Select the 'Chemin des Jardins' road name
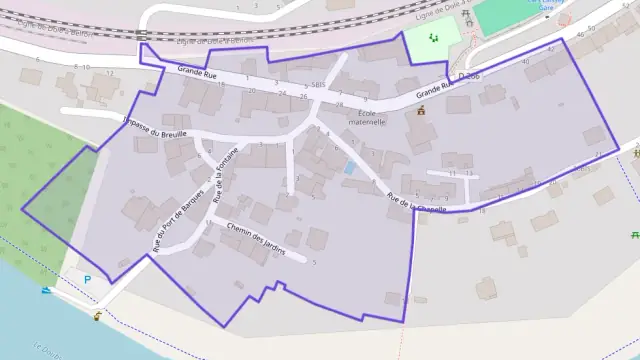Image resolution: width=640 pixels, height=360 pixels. point(256,239)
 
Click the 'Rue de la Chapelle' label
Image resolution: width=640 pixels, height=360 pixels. point(416,195)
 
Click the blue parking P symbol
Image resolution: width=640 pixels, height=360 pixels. point(87,279)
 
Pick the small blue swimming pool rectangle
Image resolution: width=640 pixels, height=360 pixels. point(349,168)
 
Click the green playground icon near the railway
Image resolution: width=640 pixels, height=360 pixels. point(433,37)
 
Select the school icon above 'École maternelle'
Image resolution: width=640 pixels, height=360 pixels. point(421,111)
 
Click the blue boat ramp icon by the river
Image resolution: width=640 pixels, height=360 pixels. point(47,291)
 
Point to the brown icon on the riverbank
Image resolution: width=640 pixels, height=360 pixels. point(97,316)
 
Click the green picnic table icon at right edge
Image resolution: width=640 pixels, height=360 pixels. point(635,235)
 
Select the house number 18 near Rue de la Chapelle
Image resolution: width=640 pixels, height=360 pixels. point(482,210)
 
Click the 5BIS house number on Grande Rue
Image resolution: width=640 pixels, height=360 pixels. point(318,86)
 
